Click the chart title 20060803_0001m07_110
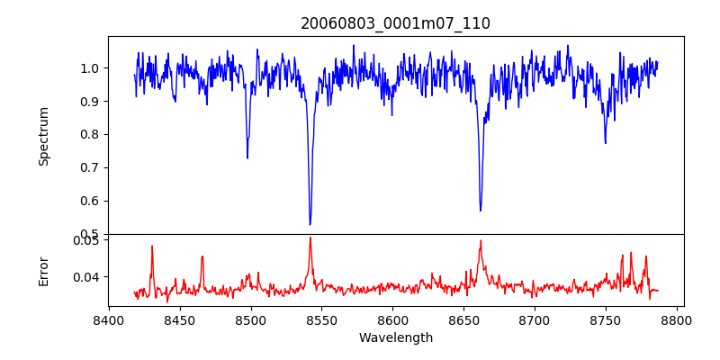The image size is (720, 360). click(x=395, y=23)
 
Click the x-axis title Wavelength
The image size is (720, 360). click(x=395, y=337)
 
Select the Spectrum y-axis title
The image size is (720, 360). click(x=43, y=136)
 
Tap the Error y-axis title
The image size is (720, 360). click(x=43, y=271)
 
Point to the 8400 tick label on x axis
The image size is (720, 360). click(x=109, y=319)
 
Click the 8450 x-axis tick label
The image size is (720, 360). click(x=180, y=319)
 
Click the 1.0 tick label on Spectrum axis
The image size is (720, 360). click(x=90, y=68)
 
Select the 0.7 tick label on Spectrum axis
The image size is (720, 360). click(x=90, y=167)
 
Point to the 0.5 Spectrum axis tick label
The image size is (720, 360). click(x=90, y=234)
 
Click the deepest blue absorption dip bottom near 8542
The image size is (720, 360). click(x=310, y=224)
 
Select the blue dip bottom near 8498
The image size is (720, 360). click(x=247, y=158)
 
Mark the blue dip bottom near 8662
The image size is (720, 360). click(x=481, y=211)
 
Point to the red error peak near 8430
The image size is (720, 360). click(x=152, y=246)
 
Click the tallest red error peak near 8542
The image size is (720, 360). click(x=310, y=238)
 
